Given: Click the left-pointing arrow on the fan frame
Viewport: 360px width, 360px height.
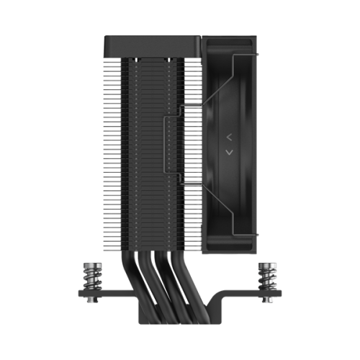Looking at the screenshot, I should (x=228, y=135).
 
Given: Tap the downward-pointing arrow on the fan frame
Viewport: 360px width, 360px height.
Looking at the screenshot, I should (x=228, y=152).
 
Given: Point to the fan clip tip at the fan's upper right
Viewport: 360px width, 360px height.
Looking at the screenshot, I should (x=255, y=53).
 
